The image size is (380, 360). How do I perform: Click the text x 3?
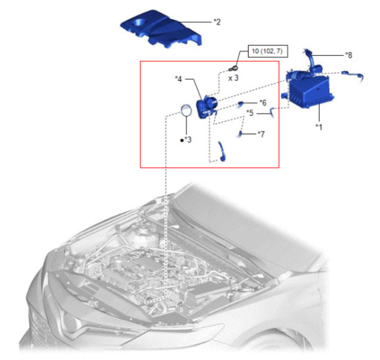(233, 77)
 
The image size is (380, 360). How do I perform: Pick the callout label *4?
(179, 79)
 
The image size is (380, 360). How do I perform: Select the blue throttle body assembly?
(207, 104)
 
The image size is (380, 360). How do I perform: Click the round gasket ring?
(186, 110)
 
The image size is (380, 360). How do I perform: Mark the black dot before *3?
(181, 141)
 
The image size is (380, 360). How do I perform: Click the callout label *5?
(250, 113)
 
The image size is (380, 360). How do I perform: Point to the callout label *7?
(261, 134)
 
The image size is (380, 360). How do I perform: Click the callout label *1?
(319, 127)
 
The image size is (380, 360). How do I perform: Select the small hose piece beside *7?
(241, 134)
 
